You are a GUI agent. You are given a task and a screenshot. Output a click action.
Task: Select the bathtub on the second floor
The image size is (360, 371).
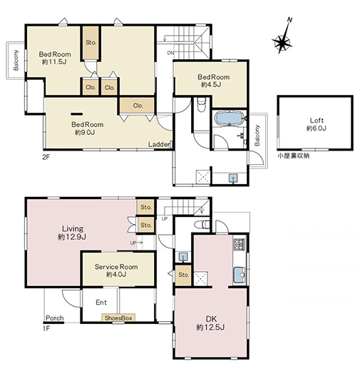point(230,118)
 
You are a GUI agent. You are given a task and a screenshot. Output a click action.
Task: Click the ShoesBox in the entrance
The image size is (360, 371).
point(118,318)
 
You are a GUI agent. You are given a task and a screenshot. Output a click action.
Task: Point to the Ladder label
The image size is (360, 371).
point(159,144)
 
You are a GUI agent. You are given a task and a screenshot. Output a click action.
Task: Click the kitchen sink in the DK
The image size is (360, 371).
point(239,275)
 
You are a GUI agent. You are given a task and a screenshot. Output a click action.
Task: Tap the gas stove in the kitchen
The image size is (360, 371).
point(240,244)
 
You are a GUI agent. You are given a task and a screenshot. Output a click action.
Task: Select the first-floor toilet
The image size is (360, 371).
point(202,224)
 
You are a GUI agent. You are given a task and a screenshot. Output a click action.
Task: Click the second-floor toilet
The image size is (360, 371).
point(202,105)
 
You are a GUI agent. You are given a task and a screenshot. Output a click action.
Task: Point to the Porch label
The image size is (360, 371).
point(55,318)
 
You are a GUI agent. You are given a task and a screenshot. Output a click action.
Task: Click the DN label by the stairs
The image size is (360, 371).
point(170,53)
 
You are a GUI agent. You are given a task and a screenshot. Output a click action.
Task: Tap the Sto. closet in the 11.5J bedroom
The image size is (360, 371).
point(91,43)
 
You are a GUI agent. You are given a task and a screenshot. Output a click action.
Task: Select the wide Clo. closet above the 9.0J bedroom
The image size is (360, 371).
point(138,106)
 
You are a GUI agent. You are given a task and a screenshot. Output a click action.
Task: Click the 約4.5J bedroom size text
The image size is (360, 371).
point(211,84)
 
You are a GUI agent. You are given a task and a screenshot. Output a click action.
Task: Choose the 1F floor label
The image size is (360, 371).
point(46,329)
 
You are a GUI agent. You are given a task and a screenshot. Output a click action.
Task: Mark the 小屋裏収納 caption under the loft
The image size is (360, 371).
point(294,156)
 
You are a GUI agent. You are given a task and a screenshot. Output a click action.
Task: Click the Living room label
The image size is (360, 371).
point(73,229)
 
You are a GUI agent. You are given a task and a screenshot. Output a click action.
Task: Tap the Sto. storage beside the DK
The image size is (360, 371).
point(183,275)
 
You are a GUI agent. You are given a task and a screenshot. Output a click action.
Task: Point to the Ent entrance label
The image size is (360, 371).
point(101,303)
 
